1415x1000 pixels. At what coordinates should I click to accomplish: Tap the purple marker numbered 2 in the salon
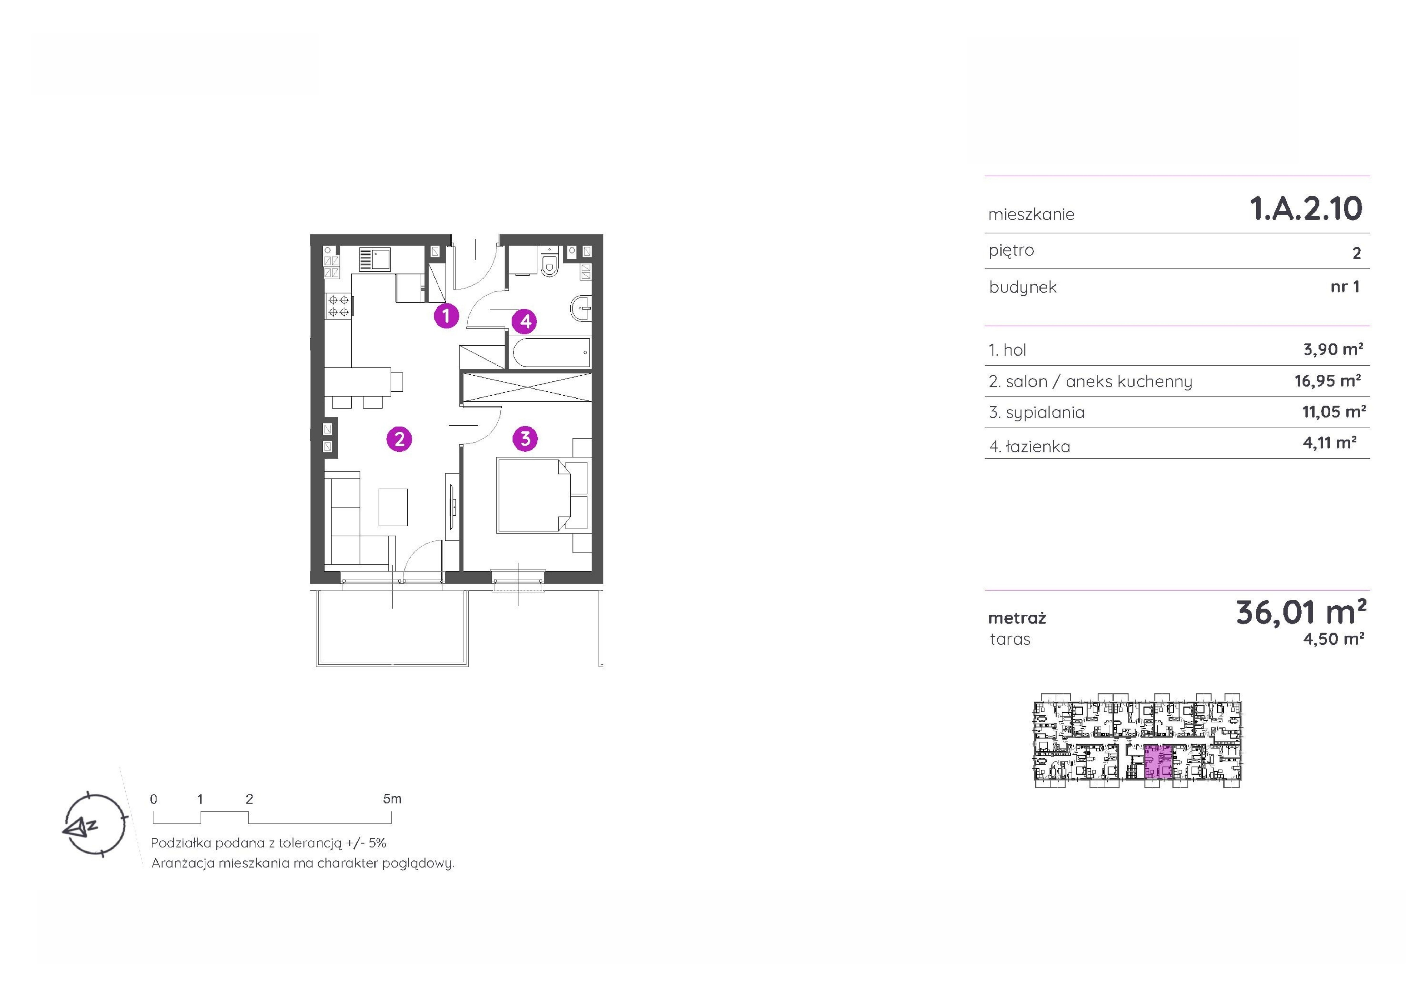pyautogui.click(x=399, y=439)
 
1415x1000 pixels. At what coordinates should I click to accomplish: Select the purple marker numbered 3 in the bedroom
pyautogui.click(x=525, y=439)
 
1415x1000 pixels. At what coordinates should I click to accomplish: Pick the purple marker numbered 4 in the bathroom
pyautogui.click(x=525, y=321)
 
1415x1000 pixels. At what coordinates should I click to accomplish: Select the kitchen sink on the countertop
pyautogui.click(x=375, y=259)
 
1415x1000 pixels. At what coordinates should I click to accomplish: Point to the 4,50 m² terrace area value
pyautogui.click(x=1334, y=639)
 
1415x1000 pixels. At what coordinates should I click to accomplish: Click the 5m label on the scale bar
pyautogui.click(x=392, y=799)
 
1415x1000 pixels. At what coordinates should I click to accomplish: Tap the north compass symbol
pyautogui.click(x=94, y=824)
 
